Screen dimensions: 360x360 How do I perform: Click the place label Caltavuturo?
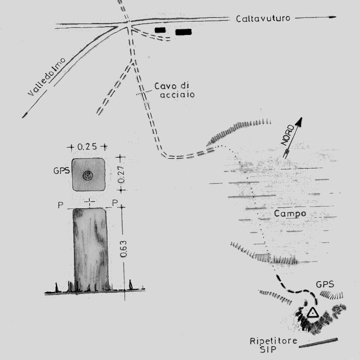(263, 19)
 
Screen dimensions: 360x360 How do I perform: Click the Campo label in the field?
(290, 214)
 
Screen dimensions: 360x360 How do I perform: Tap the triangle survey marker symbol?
(312, 312)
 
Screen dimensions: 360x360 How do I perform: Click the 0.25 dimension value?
(87, 147)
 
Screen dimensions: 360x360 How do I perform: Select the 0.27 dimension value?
(121, 174)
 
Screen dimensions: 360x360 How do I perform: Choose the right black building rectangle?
(183, 32)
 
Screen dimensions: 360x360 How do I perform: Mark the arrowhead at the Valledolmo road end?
(24, 114)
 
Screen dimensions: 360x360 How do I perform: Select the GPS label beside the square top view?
(62, 171)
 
